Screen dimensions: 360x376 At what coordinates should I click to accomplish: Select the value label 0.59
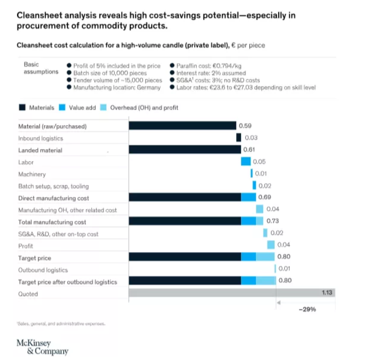(x=245, y=126)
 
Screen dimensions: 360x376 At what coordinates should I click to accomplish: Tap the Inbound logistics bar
(x=239, y=138)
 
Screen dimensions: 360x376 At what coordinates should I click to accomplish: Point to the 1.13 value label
(x=328, y=291)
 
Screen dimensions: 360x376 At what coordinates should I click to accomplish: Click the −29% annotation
(x=307, y=310)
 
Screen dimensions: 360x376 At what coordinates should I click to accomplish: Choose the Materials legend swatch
(x=22, y=108)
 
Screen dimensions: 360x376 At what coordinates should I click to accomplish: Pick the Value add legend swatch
(x=62, y=108)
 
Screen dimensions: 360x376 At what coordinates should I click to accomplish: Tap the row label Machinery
(x=32, y=174)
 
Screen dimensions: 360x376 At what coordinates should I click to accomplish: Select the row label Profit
(x=25, y=246)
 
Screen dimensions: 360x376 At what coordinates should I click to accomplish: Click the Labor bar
(x=246, y=162)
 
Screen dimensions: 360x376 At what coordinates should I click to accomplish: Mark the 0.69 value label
(x=265, y=197)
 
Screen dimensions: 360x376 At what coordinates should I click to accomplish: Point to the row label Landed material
(x=40, y=150)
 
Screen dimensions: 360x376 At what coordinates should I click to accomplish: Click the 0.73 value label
(x=272, y=221)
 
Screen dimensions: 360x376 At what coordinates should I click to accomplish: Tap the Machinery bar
(x=251, y=174)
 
